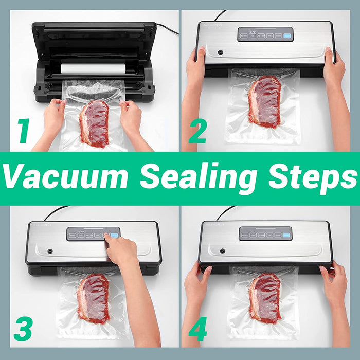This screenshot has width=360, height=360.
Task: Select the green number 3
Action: (23, 327)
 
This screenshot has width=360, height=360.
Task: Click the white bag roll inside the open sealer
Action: (93, 68)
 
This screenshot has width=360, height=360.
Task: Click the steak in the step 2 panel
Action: (264, 101)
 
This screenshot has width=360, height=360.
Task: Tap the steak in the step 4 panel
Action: (265, 298)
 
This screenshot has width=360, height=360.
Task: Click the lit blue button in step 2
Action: (287, 36)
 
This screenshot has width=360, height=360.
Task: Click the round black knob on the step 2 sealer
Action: (220, 52)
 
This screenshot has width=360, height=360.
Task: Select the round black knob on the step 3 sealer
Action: (50, 251)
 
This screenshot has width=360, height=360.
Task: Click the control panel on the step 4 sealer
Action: (265, 233)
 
